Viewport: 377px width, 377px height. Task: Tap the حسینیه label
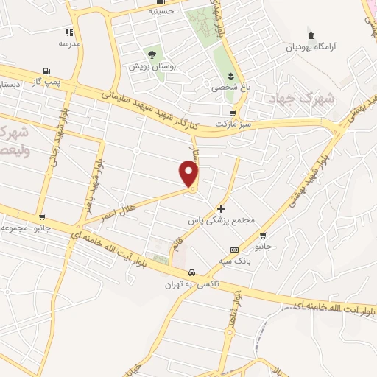pyautogui.click(x=161, y=11)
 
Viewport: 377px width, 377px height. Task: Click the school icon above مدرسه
pyautogui.click(x=69, y=32)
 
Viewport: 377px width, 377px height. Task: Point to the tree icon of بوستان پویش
pyautogui.click(x=152, y=54)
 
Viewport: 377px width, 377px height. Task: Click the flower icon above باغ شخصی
pyautogui.click(x=230, y=77)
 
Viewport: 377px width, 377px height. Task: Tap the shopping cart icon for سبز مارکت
pyautogui.click(x=233, y=113)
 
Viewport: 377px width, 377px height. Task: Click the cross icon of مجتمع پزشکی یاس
pyautogui.click(x=221, y=209)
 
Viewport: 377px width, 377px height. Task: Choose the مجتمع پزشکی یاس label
pyautogui.click(x=221, y=220)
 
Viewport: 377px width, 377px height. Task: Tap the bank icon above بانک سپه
pyautogui.click(x=234, y=250)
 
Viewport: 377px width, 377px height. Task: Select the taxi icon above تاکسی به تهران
pyautogui.click(x=191, y=272)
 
